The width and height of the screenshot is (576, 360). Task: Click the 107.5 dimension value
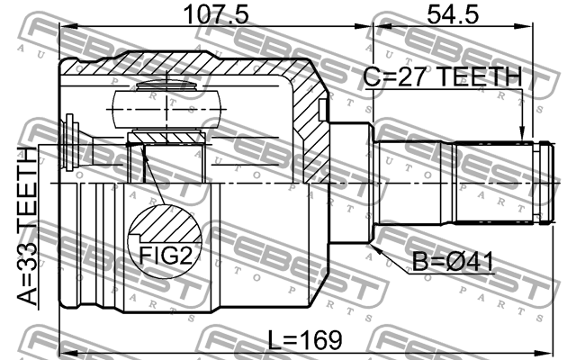[x=216, y=15]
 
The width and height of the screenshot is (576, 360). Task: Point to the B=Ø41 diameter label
[x=454, y=265]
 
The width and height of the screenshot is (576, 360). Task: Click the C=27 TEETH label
[x=442, y=78]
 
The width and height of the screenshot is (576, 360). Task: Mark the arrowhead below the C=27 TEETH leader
[x=522, y=138]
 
